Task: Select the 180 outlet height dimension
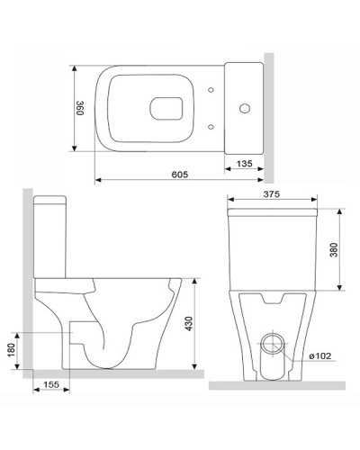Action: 12,348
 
